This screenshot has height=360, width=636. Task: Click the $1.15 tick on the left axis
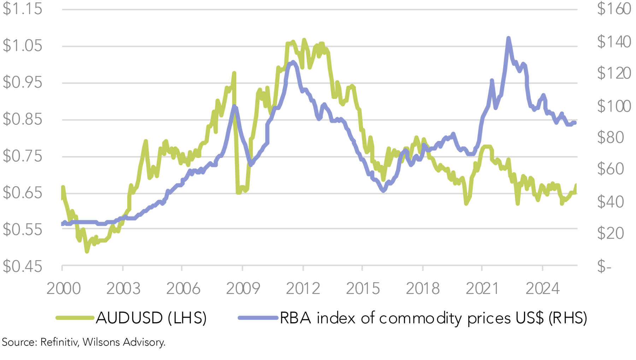click(22, 9)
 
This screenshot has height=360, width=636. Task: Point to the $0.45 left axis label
click(22, 266)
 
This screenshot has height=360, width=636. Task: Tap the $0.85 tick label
click(22, 119)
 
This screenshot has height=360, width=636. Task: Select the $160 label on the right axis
click(614, 9)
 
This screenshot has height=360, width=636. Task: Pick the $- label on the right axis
click(604, 266)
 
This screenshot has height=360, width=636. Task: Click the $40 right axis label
click(610, 202)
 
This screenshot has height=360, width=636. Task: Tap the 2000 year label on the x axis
click(64, 289)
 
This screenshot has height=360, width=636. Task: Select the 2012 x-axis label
click(303, 289)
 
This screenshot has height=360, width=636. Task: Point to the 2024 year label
click(542, 289)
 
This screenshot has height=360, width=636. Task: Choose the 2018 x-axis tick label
click(423, 289)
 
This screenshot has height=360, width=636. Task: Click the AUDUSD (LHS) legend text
click(151, 318)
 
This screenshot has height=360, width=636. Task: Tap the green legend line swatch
click(75, 318)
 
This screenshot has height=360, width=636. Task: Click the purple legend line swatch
click(258, 318)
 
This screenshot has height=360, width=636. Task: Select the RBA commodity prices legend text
click(433, 318)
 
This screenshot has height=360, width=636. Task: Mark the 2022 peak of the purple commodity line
click(508, 38)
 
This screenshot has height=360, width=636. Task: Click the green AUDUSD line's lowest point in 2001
click(87, 251)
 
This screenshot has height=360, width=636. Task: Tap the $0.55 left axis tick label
click(22, 230)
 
